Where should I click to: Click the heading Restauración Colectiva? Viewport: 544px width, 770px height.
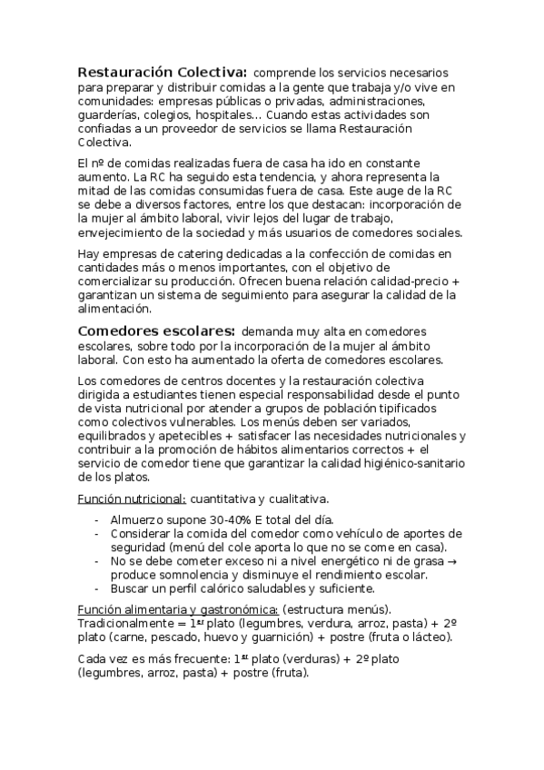162,72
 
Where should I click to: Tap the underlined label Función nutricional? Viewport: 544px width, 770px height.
132,499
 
